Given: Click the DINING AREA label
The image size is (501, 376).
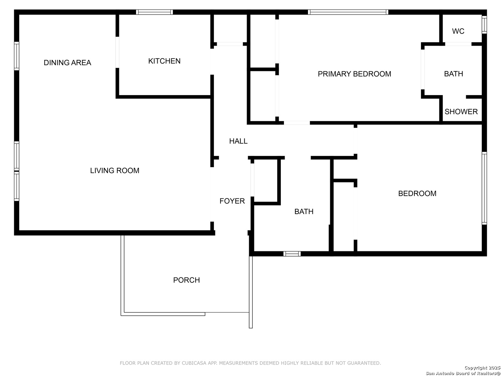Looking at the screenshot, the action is [x=67, y=63].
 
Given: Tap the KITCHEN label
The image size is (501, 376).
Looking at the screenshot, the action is [x=164, y=61].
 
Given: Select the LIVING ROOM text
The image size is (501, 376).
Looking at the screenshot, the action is [x=114, y=171].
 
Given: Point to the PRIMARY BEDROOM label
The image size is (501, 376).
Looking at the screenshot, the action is [x=355, y=74].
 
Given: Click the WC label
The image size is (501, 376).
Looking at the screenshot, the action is [x=458, y=31].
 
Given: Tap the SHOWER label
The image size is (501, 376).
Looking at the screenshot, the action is [x=461, y=112].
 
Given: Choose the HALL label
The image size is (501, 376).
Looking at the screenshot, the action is [x=238, y=141].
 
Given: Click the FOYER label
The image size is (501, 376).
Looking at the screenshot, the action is [x=232, y=201].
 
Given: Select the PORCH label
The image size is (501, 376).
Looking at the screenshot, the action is [x=186, y=280].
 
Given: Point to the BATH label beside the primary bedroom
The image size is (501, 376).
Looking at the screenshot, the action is [x=454, y=74].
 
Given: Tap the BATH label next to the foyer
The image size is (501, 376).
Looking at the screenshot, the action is [x=304, y=212].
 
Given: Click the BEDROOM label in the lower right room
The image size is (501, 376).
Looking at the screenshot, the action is [x=417, y=194].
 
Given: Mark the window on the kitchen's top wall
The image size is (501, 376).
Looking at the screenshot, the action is [x=154, y=12].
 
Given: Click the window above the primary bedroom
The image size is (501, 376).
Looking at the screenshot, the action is [x=348, y=12].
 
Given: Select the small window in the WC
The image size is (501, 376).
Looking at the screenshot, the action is [x=484, y=25].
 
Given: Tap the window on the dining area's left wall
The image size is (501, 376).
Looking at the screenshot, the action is [x=17, y=56].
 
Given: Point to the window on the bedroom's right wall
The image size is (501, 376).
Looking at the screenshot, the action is [x=484, y=188].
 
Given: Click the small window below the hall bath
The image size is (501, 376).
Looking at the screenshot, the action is [x=292, y=254].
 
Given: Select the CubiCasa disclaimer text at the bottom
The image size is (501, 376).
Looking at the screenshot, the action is [x=250, y=363].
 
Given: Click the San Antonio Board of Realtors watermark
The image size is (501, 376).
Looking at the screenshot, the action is [x=463, y=371].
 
